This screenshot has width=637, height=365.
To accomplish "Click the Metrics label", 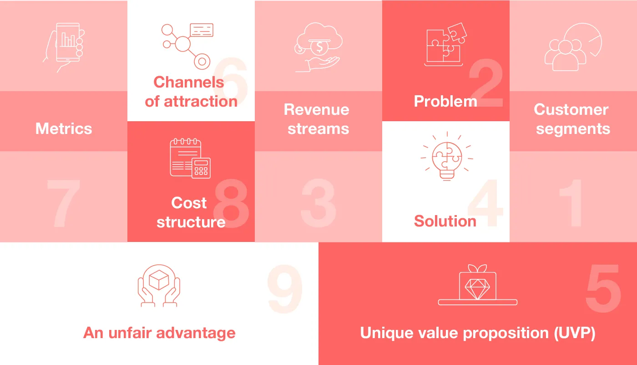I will point(64,129).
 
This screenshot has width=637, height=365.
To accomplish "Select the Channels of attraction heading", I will point(191,92).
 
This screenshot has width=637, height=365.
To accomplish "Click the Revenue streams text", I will point(317,119).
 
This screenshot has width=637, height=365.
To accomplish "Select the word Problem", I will point(445,101).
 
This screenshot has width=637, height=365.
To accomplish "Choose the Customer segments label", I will point(572,119).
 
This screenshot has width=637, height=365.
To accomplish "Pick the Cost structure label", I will point(191,212).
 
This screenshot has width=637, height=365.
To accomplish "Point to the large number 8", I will point(231,204).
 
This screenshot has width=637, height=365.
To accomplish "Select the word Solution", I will point(445,221).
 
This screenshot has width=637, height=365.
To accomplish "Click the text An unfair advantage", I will point(159,333).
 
